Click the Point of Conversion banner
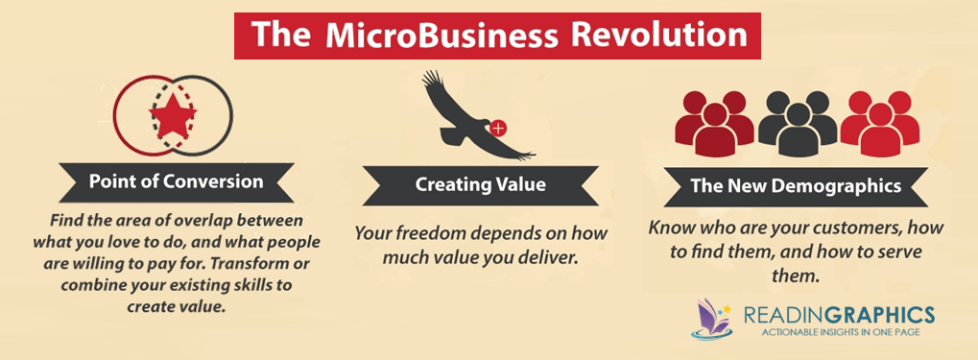pyautogui.click(x=176, y=182)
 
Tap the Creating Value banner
pyautogui.click(x=480, y=184)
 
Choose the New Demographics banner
pyautogui.click(x=796, y=186)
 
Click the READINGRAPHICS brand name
pyautogui.click(x=839, y=314)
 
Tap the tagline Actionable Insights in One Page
pyautogui.click(x=839, y=332)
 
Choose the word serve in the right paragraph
pyautogui.click(x=896, y=254)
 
